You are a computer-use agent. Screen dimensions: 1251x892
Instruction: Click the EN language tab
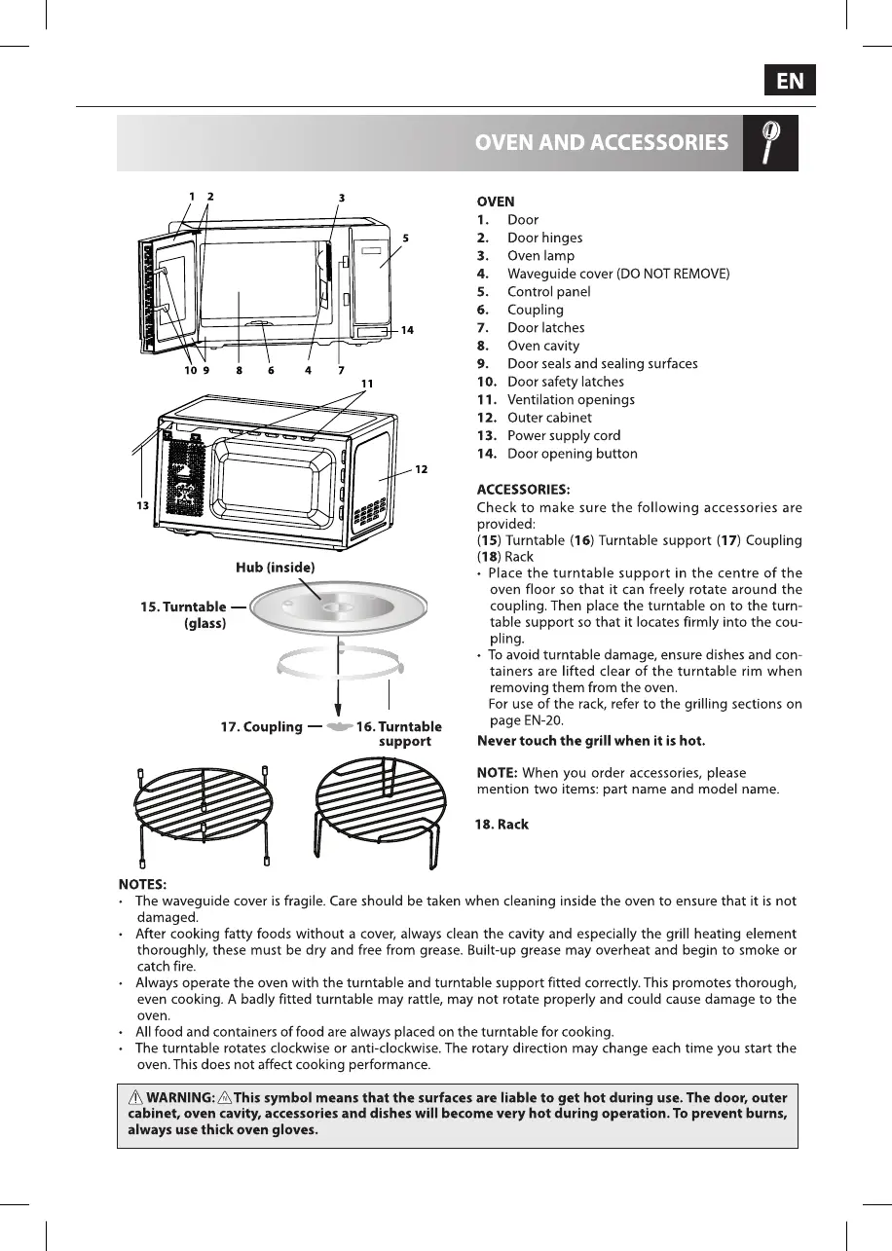click(x=790, y=81)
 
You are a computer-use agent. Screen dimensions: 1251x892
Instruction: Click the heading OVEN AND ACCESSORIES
click(x=601, y=143)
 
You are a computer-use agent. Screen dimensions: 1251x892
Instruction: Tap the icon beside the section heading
click(x=770, y=143)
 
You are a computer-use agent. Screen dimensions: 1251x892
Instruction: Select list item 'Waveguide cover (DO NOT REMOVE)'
click(x=617, y=274)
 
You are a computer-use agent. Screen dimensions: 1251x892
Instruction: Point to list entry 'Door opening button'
click(x=572, y=454)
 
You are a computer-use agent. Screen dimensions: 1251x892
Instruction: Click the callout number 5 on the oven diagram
click(x=405, y=238)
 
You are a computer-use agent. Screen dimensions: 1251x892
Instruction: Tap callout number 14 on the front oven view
click(x=407, y=330)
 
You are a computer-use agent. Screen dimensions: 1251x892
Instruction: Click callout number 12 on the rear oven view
click(x=421, y=469)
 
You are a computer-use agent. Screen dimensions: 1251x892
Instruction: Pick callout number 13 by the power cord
click(x=142, y=506)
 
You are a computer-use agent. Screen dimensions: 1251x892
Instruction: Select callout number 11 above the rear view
click(x=367, y=384)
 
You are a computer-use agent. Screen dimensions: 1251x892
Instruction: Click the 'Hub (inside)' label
click(x=275, y=567)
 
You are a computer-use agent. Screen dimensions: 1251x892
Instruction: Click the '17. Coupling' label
click(x=261, y=726)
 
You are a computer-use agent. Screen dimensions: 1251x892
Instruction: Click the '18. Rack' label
click(x=502, y=825)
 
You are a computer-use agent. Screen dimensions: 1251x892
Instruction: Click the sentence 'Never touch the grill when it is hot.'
click(x=591, y=741)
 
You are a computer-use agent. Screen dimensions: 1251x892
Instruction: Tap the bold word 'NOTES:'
click(x=142, y=884)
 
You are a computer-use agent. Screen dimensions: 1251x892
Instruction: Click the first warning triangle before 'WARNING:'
click(x=135, y=1097)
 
